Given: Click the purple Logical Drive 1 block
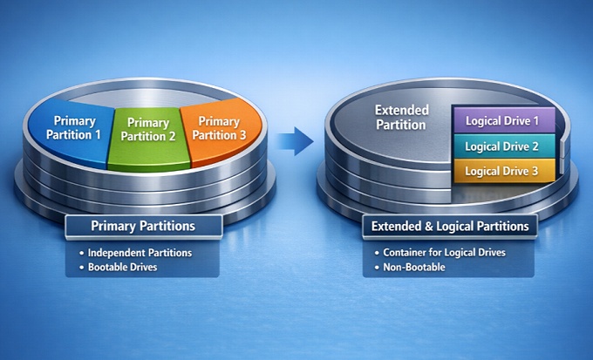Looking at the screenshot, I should point(501,120).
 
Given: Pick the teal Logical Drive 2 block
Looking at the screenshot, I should point(501,146).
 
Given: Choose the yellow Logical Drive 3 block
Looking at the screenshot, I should point(501,171).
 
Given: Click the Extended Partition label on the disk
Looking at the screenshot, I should point(400,117).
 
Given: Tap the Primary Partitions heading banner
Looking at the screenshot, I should point(143,226).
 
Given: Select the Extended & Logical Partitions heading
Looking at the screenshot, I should point(450,227).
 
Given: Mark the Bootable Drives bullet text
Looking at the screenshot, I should point(123,267).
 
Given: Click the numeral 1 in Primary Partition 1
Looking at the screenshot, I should point(98,135).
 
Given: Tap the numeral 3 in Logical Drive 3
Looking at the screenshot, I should point(535,171).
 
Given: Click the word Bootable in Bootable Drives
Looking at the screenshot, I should point(108,267).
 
